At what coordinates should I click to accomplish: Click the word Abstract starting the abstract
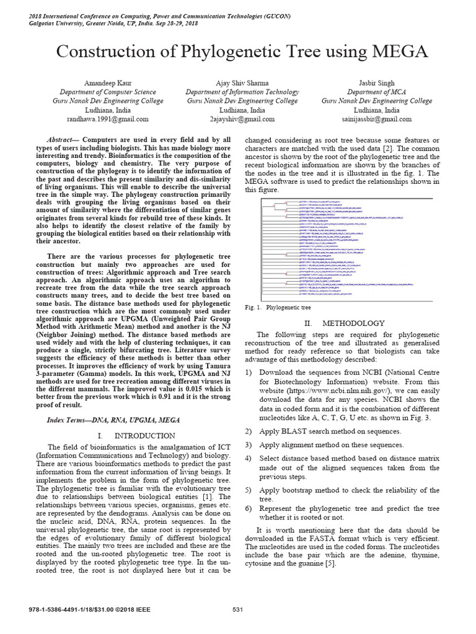coord(61,140)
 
